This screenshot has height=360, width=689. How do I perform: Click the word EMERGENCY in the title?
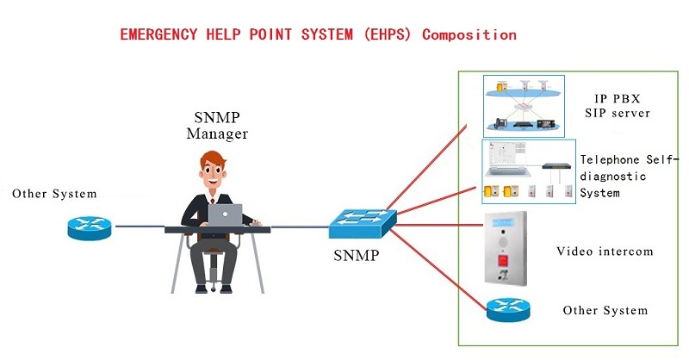(154, 35)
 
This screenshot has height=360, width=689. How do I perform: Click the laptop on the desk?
(226, 214)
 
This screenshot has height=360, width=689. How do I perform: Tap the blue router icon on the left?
(90, 227)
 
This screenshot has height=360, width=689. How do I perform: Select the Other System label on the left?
(54, 194)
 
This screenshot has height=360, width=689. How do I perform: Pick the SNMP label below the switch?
(357, 256)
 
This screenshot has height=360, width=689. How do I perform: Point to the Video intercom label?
(605, 251)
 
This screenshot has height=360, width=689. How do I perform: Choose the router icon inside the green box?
(508, 309)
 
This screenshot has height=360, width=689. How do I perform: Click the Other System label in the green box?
(605, 310)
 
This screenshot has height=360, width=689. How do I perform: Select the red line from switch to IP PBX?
(431, 171)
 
